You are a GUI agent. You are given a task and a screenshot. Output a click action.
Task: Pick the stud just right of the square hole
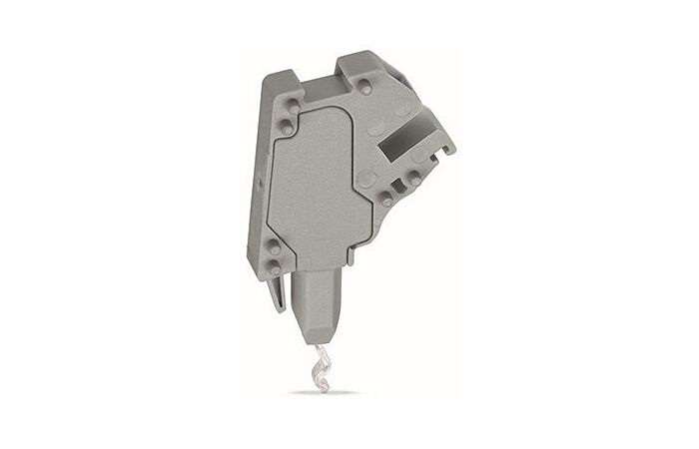(x=411, y=182)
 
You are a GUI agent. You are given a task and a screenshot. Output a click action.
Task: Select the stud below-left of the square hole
(x=386, y=201)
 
